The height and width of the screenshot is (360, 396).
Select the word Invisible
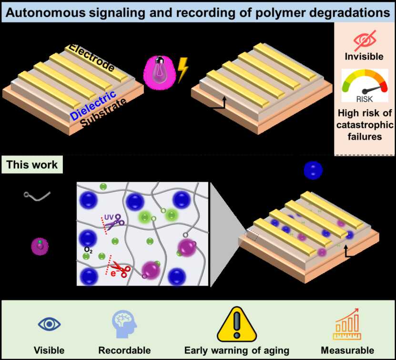pyautogui.click(x=364, y=57)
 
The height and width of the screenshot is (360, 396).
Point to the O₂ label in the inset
pyautogui.click(x=88, y=249)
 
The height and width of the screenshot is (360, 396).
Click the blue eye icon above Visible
pyautogui.click(x=49, y=324)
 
